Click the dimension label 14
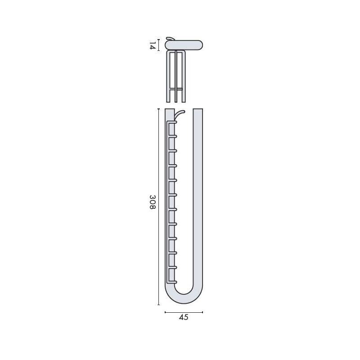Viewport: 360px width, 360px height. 153,45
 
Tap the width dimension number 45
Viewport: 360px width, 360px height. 184,318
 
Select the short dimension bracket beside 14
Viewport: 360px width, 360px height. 159,45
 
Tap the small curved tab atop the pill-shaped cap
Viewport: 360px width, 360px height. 170,39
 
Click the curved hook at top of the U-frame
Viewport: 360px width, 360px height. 180,113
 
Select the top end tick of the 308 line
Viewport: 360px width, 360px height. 158,109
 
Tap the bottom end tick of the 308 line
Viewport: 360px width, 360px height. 158,305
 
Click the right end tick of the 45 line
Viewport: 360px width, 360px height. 202,312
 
